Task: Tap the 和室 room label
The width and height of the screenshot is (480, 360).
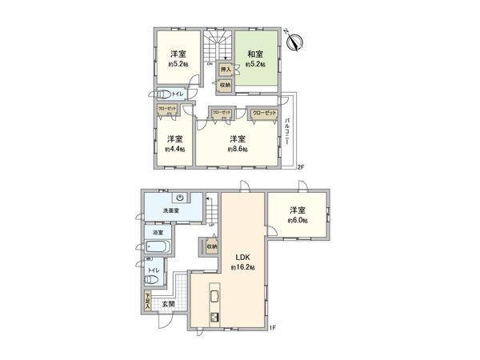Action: click(x=255, y=54)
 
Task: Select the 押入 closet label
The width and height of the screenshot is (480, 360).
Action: click(x=226, y=70)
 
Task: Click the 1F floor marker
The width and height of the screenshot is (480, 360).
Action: click(x=272, y=327)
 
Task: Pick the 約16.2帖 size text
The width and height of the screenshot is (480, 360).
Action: click(x=244, y=268)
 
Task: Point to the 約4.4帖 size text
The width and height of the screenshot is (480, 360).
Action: click(x=174, y=149)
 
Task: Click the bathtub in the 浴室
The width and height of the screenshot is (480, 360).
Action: click(x=159, y=246)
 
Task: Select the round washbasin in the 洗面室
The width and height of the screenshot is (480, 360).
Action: click(x=182, y=200)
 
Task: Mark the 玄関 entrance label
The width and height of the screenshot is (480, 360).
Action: click(x=168, y=304)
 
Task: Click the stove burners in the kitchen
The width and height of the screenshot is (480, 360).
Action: click(x=214, y=317)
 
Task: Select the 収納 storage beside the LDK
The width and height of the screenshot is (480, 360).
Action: click(x=211, y=246)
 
